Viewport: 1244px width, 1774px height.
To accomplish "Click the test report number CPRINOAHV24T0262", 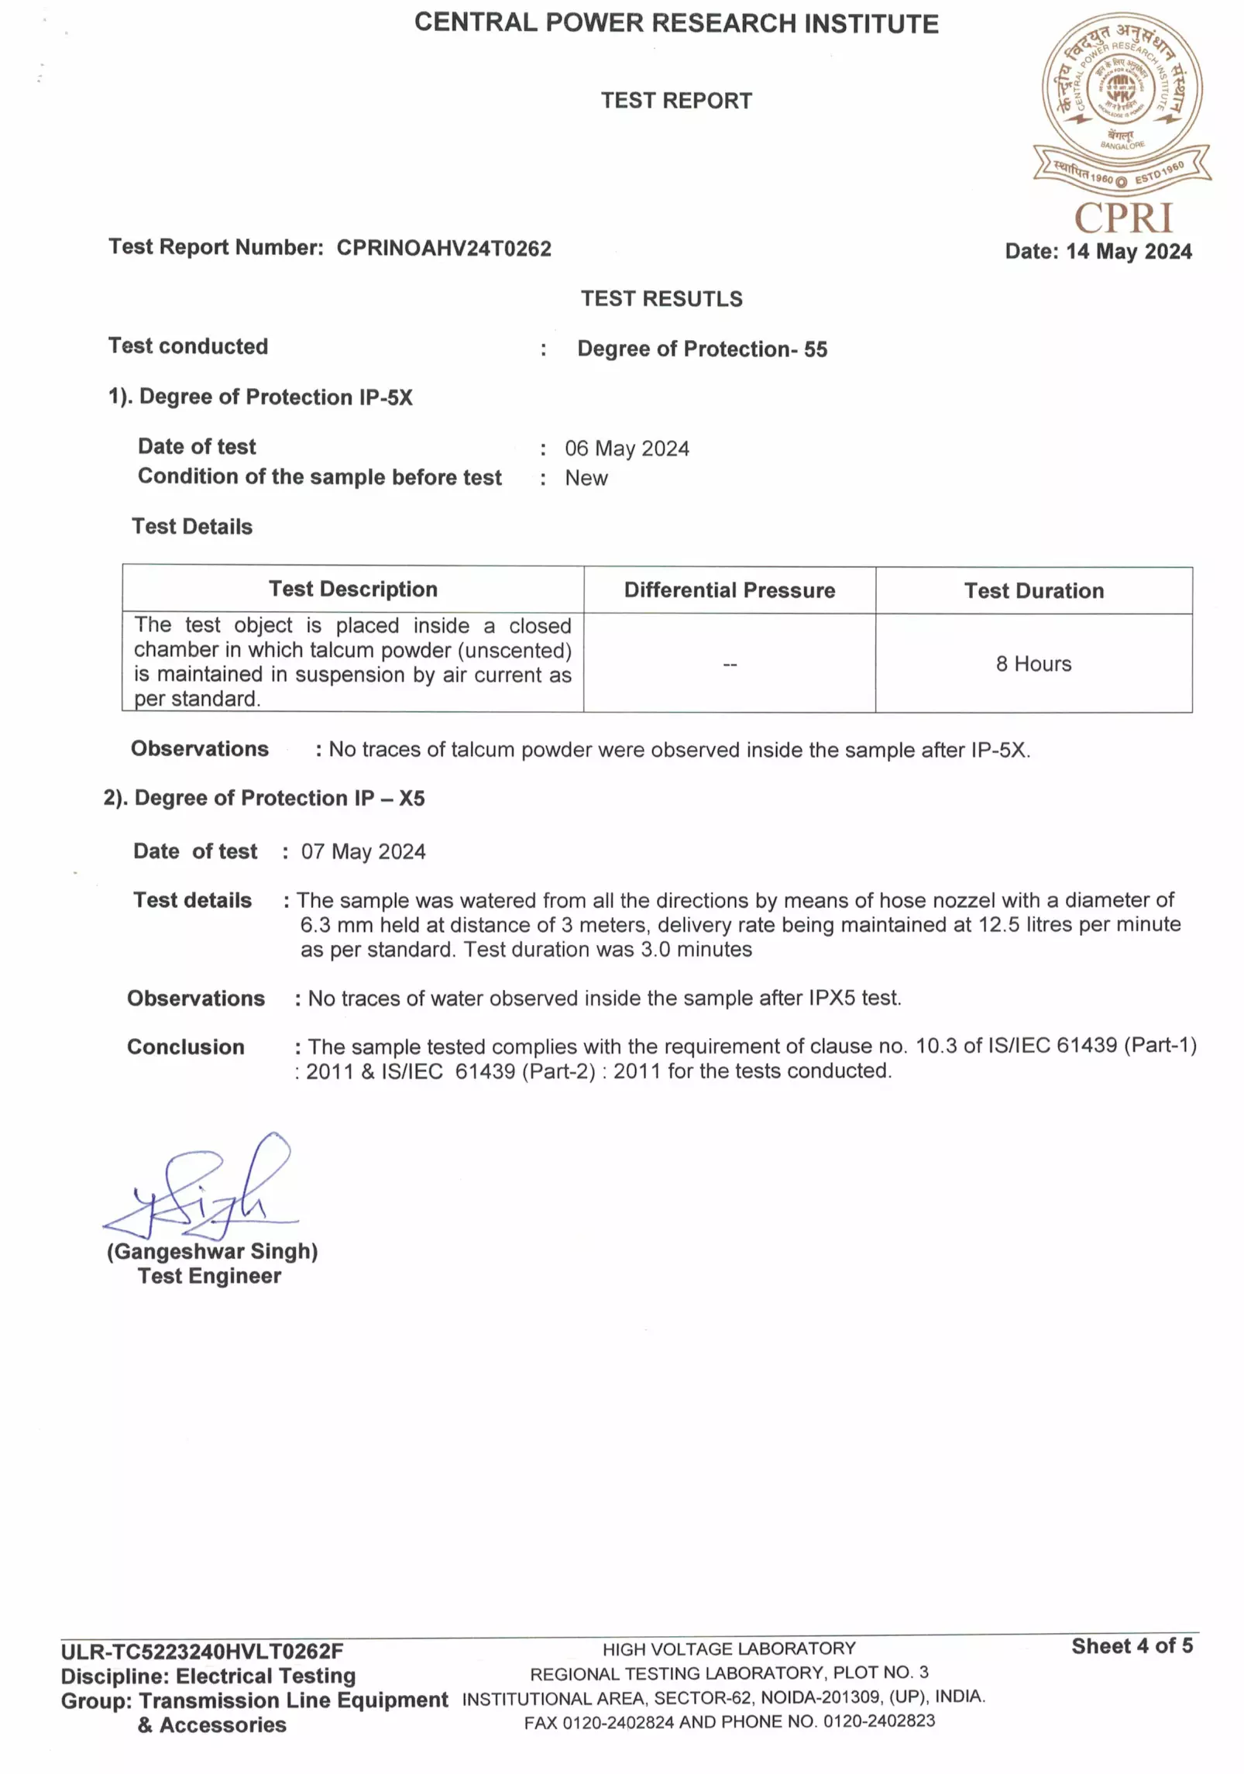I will click(443, 248).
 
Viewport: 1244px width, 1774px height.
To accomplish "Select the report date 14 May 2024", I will click(1098, 252).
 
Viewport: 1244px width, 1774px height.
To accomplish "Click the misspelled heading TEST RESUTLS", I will click(662, 299).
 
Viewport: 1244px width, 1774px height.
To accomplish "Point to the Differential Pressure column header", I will click(729, 590).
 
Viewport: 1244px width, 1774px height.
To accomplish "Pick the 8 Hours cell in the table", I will click(1033, 664).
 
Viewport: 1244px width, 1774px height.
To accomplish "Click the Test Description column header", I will click(353, 590).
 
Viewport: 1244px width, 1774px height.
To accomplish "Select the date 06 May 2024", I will click(627, 449).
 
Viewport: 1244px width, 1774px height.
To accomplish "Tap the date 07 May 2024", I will click(363, 852).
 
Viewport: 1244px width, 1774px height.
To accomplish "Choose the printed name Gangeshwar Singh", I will click(212, 1252).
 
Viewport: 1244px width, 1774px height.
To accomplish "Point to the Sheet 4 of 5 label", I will click(1132, 1646).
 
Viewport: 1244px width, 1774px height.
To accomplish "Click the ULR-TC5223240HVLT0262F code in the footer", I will click(202, 1652).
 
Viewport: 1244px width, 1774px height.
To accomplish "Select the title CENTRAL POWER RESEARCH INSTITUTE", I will click(676, 23).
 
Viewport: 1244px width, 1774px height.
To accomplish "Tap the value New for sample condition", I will click(586, 478).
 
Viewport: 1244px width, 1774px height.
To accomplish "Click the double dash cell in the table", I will click(729, 665).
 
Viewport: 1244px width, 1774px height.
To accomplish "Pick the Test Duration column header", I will click(1033, 591).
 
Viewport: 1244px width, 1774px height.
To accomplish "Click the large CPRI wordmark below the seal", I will click(1122, 218).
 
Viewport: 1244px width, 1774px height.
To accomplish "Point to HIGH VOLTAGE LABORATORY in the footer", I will click(729, 1649).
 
